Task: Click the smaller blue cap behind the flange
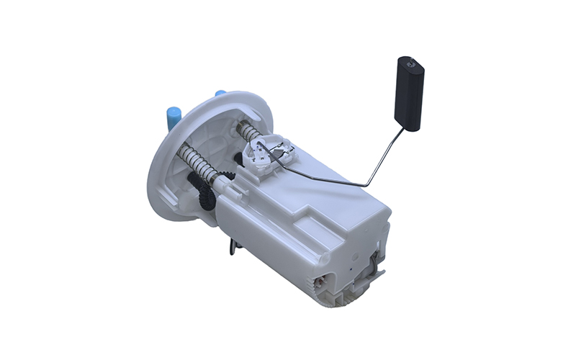click(220, 94)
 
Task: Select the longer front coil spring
click(199, 161)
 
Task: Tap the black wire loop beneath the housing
click(233, 247)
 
